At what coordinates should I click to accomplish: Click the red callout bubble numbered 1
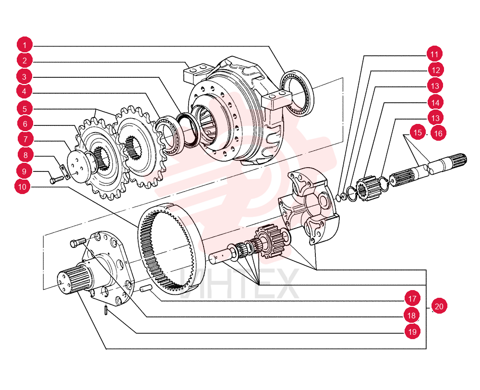pyautogui.click(x=24, y=45)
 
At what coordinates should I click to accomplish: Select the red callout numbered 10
pyautogui.click(x=23, y=186)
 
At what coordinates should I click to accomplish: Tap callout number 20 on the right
pyautogui.click(x=439, y=306)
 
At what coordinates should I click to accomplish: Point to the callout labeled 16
pyautogui.click(x=438, y=133)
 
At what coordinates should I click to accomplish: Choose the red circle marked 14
pyautogui.click(x=435, y=102)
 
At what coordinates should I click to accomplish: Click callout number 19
pyautogui.click(x=412, y=331)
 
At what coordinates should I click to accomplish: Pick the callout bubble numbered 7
pyautogui.click(x=25, y=139)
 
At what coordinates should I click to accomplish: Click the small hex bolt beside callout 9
pyautogui.click(x=57, y=180)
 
